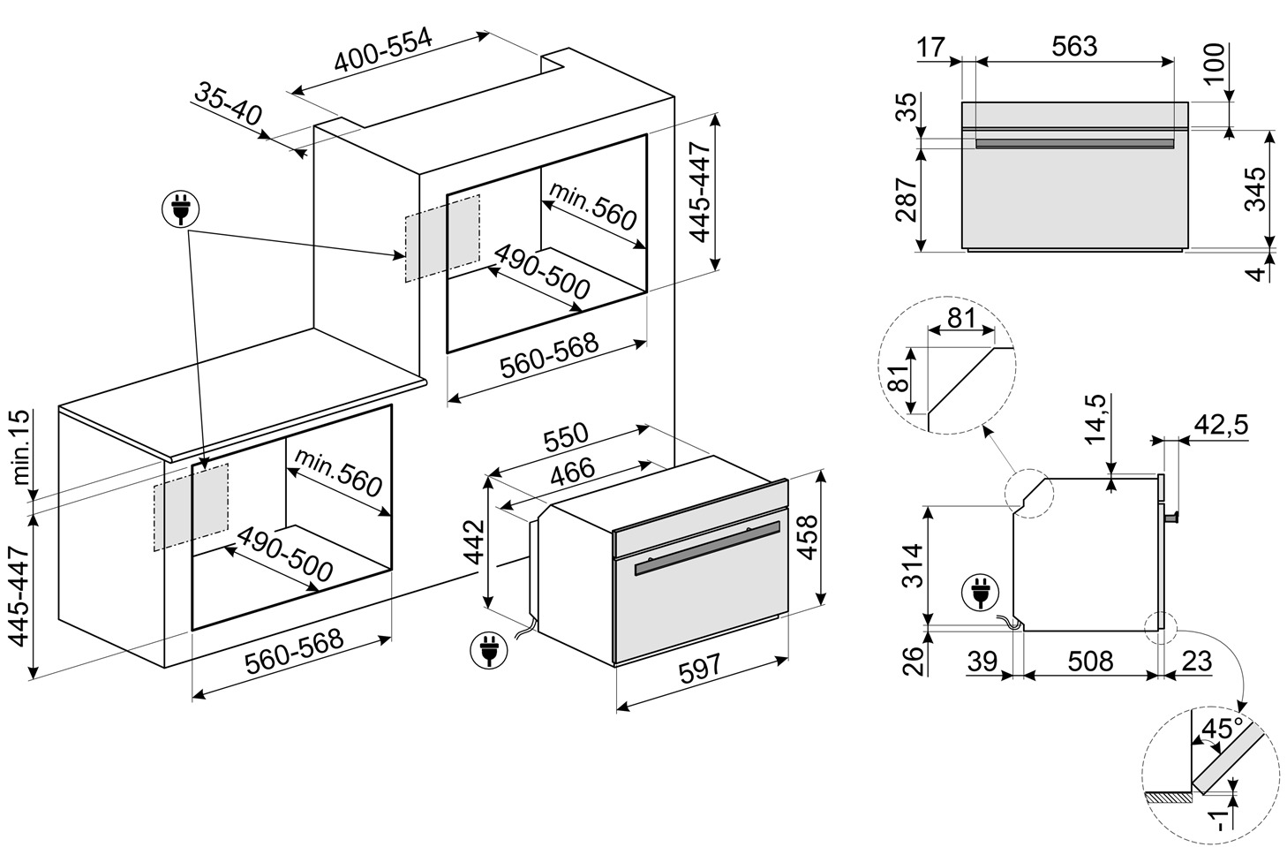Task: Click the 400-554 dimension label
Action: (383, 52)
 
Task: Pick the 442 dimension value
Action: (474, 543)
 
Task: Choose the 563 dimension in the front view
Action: (1073, 47)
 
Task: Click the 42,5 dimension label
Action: (1220, 425)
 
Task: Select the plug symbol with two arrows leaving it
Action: (181, 210)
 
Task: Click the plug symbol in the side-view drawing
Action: (980, 594)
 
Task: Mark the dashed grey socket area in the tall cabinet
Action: (442, 238)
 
